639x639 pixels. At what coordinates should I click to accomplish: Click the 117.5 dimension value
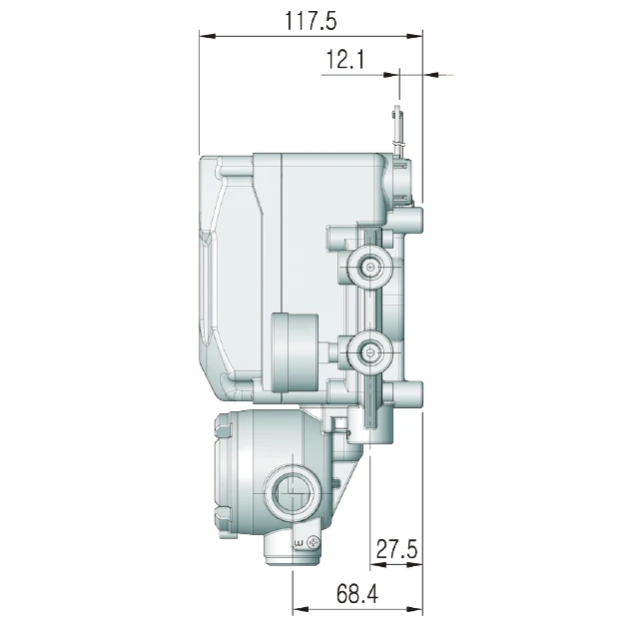311,21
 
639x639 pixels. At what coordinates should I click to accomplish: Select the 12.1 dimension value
344,60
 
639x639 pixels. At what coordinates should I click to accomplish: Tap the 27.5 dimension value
396,548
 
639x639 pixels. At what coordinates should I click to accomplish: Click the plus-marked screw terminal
370,268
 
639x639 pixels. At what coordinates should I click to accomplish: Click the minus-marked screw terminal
370,352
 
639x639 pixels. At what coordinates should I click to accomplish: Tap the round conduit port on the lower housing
293,492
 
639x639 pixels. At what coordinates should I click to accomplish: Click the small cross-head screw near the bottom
314,542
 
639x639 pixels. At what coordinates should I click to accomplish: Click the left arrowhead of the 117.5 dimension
207,37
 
